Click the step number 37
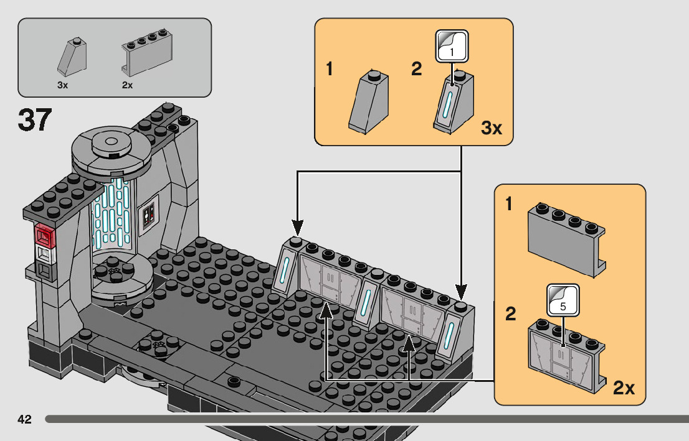[x=35, y=120]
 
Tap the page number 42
[x=25, y=419]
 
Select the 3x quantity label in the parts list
[x=62, y=85]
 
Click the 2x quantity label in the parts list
[x=127, y=85]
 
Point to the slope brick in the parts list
[x=72, y=57]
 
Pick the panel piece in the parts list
[x=147, y=53]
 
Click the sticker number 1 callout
[x=452, y=46]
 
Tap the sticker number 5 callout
[x=563, y=300]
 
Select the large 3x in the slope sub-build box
[x=492, y=128]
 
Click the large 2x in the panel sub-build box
[x=624, y=388]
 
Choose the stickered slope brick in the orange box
[x=454, y=102]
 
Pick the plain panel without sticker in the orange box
[x=566, y=240]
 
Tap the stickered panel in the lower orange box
[x=566, y=355]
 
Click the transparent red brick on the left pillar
[x=45, y=234]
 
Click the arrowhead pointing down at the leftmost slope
[x=298, y=228]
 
